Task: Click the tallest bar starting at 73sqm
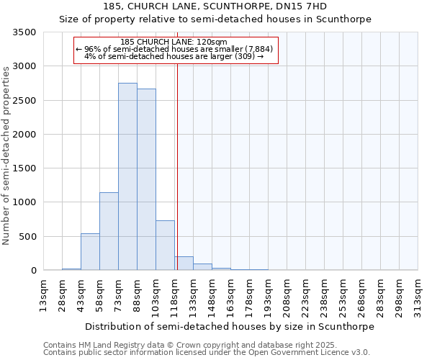point(127,176)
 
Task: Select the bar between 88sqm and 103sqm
point(146,180)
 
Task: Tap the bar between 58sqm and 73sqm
point(109,231)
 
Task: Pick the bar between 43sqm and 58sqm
point(90,252)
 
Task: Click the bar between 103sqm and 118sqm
point(165,246)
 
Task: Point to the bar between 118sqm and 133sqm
point(184,264)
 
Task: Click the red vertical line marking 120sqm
point(177,166)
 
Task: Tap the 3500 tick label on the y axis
point(24,32)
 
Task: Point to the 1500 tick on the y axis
point(24,168)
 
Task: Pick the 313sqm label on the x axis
point(418,297)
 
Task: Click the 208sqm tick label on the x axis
point(287,297)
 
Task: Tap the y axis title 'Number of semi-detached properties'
point(6,155)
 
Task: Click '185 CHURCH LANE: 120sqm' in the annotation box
point(174,42)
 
